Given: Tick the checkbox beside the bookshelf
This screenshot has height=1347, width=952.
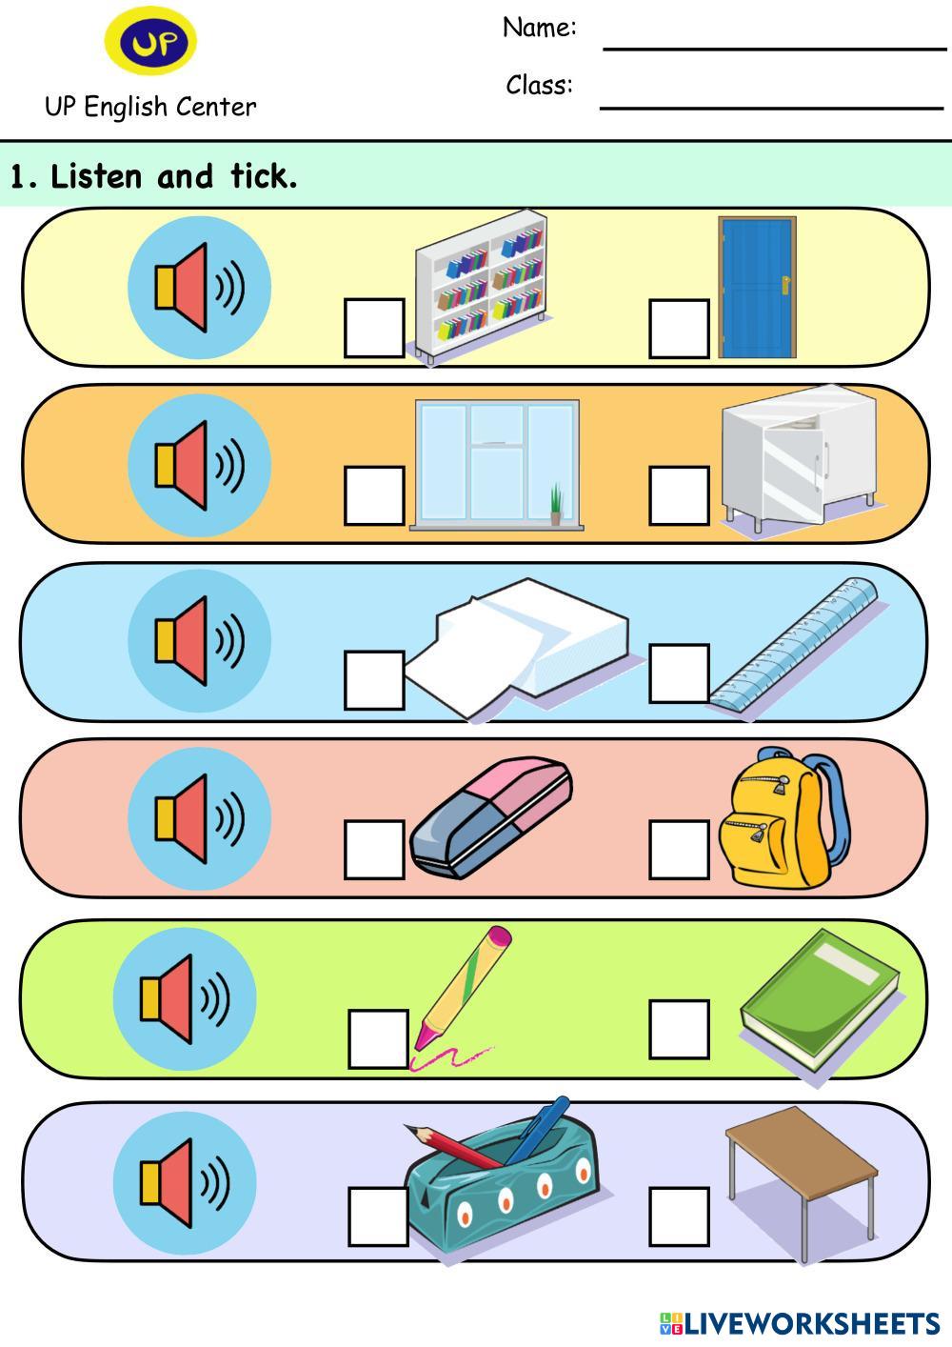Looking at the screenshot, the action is coord(374,329).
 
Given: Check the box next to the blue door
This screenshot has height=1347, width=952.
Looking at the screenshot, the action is coord(679,329).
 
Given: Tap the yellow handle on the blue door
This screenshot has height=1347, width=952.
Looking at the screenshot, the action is coord(786,284).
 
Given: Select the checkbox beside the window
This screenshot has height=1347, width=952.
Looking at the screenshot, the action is coord(374,495).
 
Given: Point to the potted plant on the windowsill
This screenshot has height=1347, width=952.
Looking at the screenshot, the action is coord(555,505).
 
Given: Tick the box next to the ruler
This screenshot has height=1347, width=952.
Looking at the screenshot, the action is coord(679,673).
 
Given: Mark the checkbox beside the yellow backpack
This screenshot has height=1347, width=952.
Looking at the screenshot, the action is coord(679,850).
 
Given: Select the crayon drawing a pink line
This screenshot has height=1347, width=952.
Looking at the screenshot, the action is coord(462,991).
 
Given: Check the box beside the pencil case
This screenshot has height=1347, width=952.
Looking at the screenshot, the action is coord(378,1216).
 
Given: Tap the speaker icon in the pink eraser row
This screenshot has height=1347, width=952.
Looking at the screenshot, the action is coord(199,817).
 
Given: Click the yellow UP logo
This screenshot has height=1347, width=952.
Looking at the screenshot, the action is coord(150,42).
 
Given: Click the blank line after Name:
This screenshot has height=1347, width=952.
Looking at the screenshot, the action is coord(774,46).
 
